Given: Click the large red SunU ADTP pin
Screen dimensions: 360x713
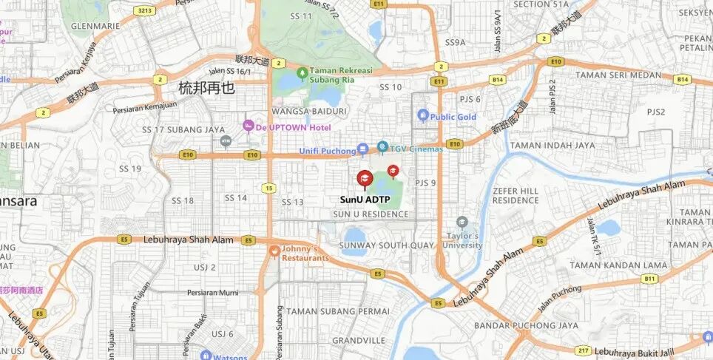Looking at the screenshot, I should pos(365,179).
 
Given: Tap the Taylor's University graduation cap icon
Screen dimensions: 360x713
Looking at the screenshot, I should pos(462,222).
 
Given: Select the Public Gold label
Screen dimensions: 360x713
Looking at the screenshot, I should pos(453,117).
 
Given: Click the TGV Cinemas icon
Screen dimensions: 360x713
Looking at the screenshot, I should pos(382,147).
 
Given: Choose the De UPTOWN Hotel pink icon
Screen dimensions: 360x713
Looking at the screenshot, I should pos(249,126).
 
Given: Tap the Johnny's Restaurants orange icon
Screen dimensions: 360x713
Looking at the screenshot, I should pos(274,251).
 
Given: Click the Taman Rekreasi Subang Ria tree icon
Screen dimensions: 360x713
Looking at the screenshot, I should pos(302,72).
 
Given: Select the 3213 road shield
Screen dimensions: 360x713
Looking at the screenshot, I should pos(143,11).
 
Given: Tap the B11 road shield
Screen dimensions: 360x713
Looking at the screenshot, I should pos(649,279).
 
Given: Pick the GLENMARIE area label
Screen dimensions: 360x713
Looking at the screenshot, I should pos(95,25).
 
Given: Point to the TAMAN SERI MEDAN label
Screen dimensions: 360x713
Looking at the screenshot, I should pos(618,75).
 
